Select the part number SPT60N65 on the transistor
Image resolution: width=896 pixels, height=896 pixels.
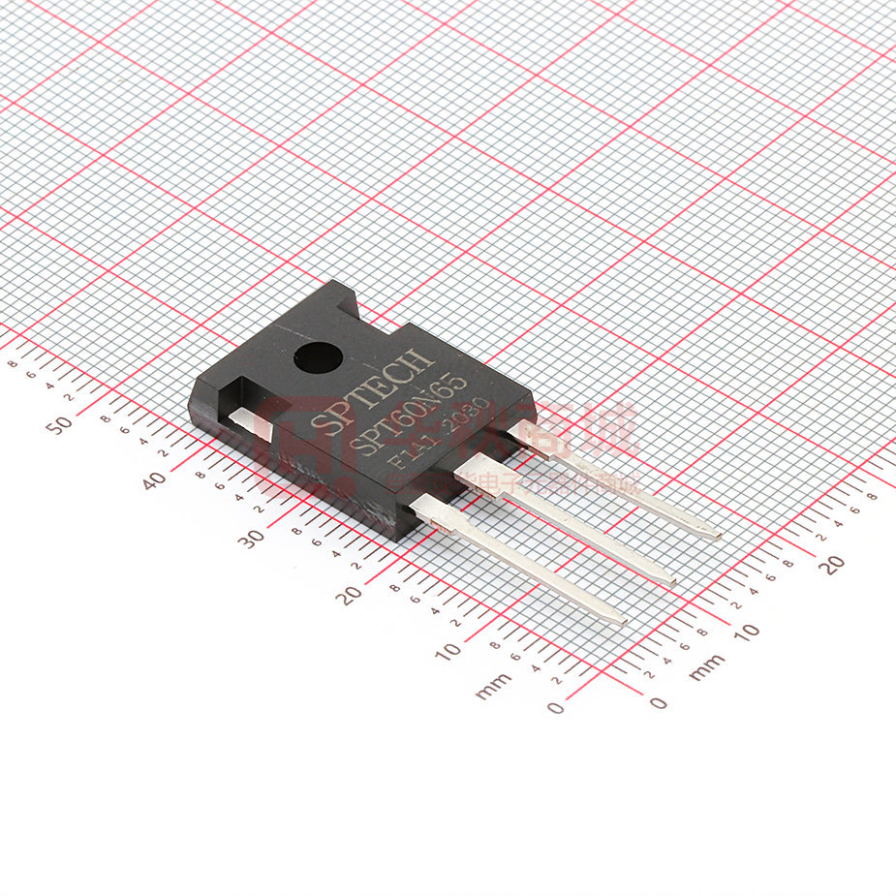tap(415, 415)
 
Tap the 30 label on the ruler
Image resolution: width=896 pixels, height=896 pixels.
tap(253, 539)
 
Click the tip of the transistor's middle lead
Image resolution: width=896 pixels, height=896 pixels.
tap(670, 583)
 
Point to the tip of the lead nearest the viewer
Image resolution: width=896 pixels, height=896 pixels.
tap(620, 621)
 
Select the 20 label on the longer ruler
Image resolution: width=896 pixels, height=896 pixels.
tap(351, 594)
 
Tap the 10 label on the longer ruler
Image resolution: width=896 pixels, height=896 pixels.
tap(449, 651)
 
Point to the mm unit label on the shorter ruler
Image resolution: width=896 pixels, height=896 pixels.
tap(708, 666)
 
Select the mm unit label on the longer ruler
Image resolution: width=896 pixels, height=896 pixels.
tap(494, 686)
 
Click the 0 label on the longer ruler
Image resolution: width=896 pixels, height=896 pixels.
tap(555, 707)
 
